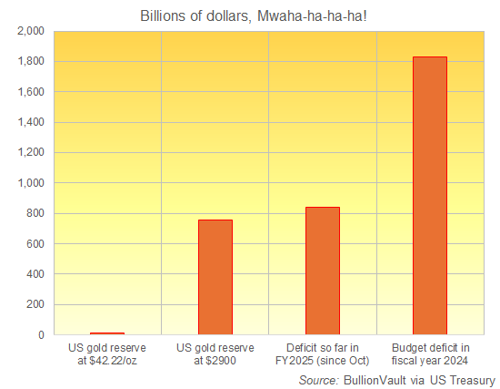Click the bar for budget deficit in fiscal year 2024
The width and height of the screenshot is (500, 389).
pos(430,196)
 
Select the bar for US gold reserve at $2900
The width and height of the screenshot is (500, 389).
pos(215,277)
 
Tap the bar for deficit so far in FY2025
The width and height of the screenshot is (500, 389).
pos(323,271)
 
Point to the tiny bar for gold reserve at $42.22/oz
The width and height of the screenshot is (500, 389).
pos(107,333)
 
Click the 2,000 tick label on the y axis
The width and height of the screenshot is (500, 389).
pos(30,31)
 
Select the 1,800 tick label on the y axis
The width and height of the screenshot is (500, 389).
pos(30,61)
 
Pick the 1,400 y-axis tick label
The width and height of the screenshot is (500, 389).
pos(30,122)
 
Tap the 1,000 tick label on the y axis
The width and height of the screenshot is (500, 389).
pos(30,183)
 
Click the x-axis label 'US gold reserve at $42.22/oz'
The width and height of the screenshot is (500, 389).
pos(107,354)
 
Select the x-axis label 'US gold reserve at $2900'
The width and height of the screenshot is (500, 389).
pos(215,354)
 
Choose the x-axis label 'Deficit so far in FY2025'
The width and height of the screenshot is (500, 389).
pos(323,354)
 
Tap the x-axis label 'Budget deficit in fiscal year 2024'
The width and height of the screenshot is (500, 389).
pos(430,354)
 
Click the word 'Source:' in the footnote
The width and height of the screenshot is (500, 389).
pos(318,379)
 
